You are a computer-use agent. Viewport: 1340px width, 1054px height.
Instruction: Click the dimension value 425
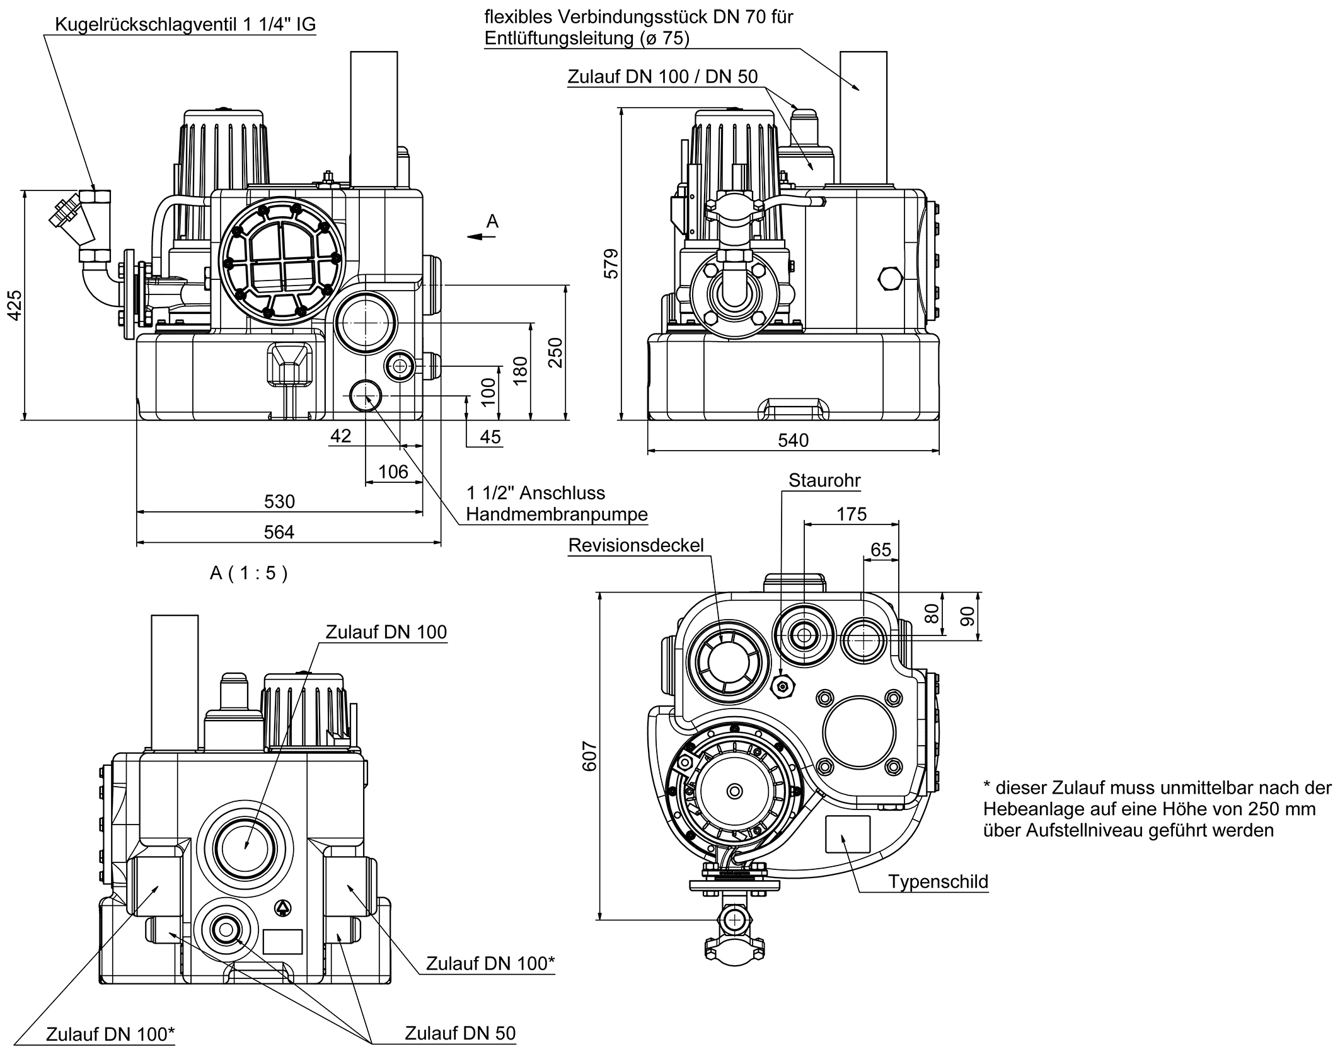point(14,304)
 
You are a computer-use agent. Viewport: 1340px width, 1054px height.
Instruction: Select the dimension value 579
point(611,264)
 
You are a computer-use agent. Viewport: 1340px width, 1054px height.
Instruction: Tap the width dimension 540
point(792,440)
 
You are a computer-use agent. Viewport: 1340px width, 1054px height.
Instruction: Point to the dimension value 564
point(279,532)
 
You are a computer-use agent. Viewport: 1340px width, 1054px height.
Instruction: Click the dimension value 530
point(279,501)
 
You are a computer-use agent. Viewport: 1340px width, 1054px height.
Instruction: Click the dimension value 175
point(851,514)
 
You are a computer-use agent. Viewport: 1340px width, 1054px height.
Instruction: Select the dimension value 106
point(393,472)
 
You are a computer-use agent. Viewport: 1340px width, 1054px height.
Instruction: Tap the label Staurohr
point(824,480)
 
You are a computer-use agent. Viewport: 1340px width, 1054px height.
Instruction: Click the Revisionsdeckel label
point(635,545)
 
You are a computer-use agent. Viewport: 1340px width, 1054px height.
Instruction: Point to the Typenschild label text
point(938,881)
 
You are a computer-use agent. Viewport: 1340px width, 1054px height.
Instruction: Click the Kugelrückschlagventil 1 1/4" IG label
point(185,25)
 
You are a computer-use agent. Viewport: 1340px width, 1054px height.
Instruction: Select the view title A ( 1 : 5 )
point(248,573)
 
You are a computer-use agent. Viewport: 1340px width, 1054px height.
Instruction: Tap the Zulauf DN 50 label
point(459,1033)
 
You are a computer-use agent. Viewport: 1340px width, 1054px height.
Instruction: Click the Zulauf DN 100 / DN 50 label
point(662,77)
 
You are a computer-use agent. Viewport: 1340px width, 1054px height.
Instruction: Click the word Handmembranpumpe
point(557,514)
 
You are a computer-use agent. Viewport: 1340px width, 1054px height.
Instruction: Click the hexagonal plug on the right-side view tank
point(889,279)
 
